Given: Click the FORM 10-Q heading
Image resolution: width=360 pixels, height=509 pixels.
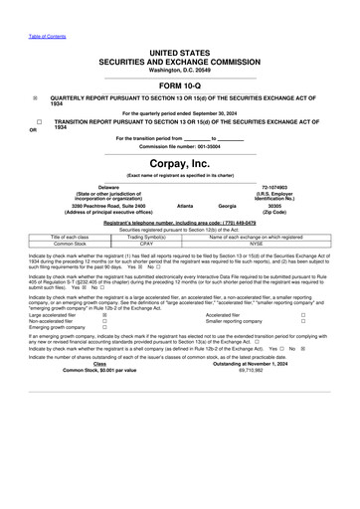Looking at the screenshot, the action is click(x=180, y=85).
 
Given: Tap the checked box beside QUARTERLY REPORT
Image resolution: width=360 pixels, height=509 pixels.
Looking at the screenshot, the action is click(x=36, y=98).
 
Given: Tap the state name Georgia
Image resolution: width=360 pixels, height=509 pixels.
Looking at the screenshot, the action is click(x=229, y=205).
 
